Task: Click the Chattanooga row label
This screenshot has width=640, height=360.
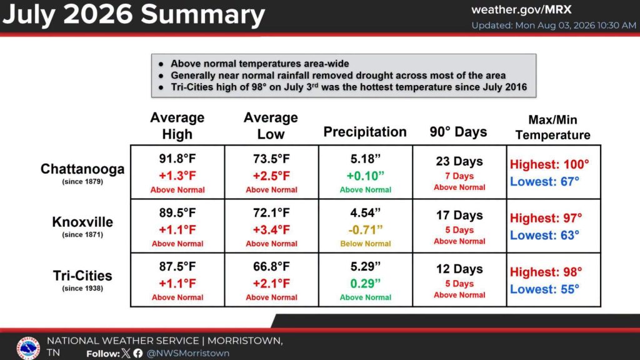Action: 82,169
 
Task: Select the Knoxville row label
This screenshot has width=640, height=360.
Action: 82,222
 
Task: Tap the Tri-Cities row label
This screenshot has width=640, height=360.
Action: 82,276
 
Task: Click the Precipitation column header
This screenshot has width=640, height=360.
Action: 365,132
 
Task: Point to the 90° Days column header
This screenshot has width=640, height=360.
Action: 458,132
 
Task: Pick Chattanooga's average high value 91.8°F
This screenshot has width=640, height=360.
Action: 177,158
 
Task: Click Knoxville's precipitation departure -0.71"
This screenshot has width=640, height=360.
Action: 365,230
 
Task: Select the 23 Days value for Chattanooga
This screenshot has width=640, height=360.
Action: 459,161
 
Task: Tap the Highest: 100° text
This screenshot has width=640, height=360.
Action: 549,164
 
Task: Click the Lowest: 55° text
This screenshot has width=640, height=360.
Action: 544,289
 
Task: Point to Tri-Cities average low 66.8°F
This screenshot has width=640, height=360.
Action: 271,266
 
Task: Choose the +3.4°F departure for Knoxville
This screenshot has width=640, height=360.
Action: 271,230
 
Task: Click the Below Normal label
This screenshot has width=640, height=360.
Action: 365,244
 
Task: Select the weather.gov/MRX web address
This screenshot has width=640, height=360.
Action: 521,10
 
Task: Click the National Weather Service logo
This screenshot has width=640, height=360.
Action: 28,348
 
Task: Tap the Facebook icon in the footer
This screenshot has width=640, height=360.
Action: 138,353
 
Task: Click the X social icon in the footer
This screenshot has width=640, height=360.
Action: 126,353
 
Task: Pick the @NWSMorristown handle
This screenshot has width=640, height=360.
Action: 187,353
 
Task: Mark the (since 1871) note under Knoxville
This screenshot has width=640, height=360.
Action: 82,235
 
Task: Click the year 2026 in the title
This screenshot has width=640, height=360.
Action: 98,15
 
